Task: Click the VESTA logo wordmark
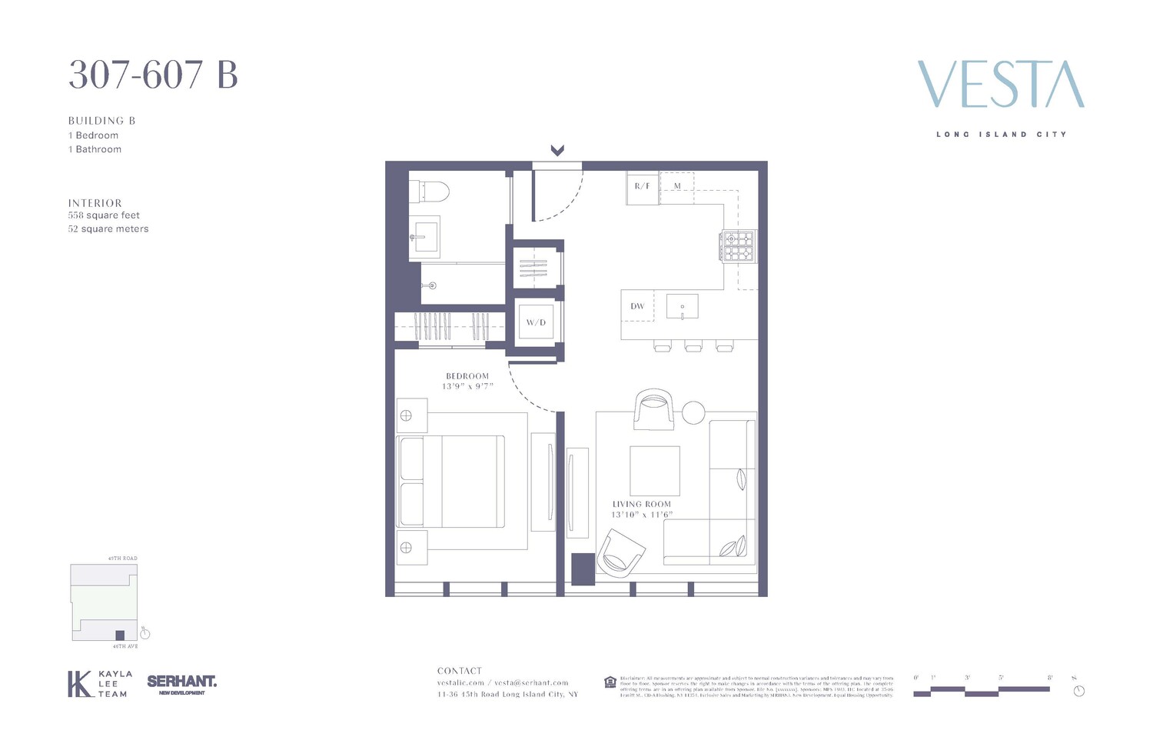tap(1001, 85)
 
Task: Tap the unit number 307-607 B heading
tap(153, 75)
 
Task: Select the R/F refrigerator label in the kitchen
tap(642, 187)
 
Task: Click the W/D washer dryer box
tap(536, 322)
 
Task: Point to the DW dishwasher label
tap(637, 306)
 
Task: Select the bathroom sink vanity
tap(424, 233)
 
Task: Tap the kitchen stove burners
tap(738, 246)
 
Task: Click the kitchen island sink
tap(682, 306)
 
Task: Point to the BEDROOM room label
tap(467, 376)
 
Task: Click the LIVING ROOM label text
tap(642, 505)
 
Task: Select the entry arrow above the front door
tap(557, 151)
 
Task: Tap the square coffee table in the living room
tap(655, 471)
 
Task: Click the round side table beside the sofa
tap(693, 413)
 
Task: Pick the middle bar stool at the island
tap(693, 346)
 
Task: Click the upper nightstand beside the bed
tap(412, 416)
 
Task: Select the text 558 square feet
tap(104, 215)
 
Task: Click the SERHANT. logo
tap(181, 682)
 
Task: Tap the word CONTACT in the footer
tap(460, 671)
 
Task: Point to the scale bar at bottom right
tap(982, 691)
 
